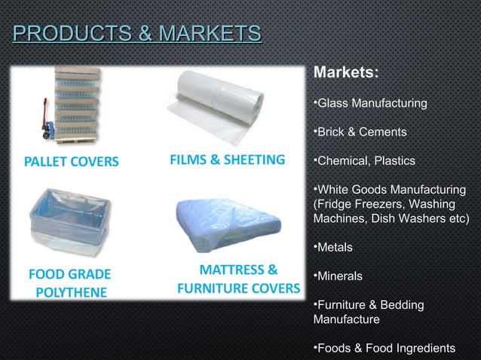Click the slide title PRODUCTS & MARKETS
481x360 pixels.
[x=137, y=34]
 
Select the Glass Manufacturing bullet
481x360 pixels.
[x=371, y=102]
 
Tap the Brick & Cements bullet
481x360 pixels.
[x=362, y=133]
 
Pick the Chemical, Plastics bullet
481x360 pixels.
[x=366, y=160]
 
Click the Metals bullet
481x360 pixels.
[x=335, y=247]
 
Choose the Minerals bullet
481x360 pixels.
[x=339, y=276]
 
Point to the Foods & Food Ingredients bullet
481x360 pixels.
[x=384, y=347]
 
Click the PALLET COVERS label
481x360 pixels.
[x=71, y=161]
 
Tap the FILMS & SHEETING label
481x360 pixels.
[x=226, y=160]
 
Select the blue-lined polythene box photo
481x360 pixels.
[x=69, y=219]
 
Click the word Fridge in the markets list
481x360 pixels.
[x=332, y=204]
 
